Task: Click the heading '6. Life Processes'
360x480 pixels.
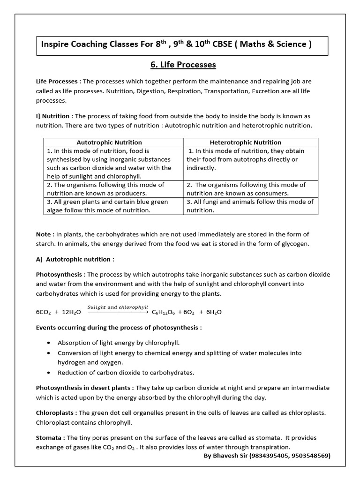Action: tap(180, 65)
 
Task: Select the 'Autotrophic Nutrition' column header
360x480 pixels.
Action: tap(109, 142)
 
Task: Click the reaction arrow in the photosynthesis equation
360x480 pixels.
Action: tap(117, 311)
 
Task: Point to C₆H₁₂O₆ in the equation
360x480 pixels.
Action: tap(164, 312)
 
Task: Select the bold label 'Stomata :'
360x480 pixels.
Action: tap(50, 437)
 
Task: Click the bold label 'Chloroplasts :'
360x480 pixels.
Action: tap(56, 412)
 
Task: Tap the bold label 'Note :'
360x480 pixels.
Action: tap(45, 234)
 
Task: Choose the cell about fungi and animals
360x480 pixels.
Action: tap(250, 206)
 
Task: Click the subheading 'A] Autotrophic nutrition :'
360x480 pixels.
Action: tap(75, 259)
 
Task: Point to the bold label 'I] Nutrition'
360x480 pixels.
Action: tap(53, 116)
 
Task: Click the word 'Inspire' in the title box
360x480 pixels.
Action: tap(55, 45)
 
